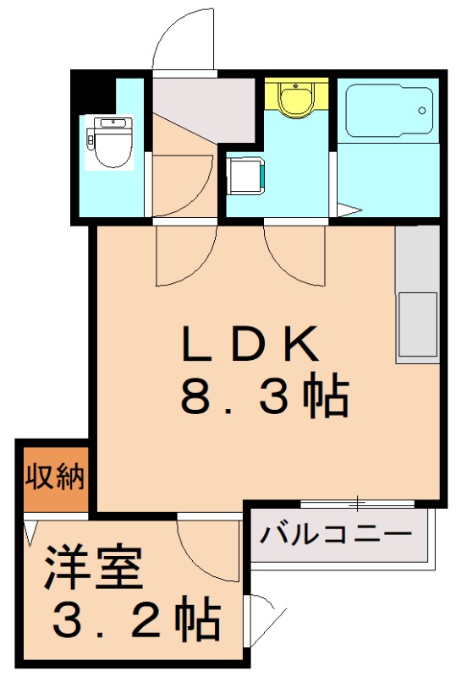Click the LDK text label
(250, 345)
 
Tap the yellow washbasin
(295, 98)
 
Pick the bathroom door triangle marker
(349, 211)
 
